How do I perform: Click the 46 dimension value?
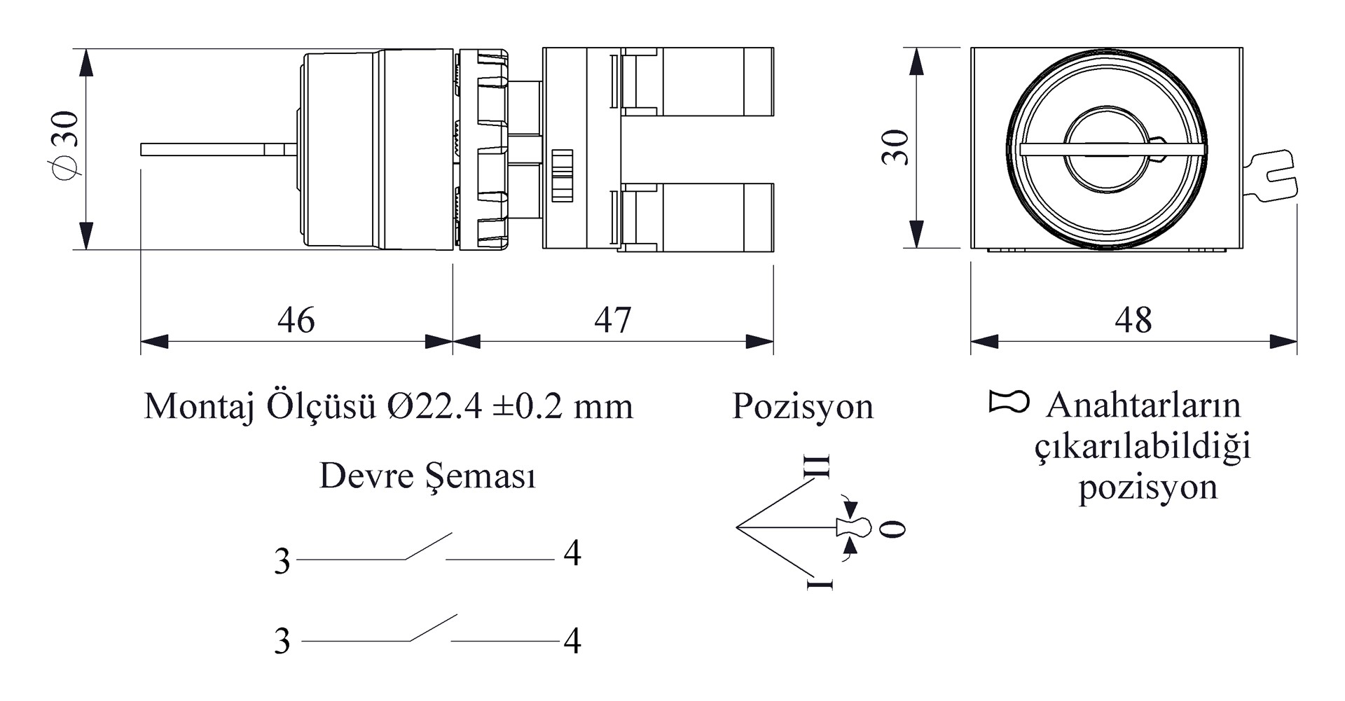(x=296, y=320)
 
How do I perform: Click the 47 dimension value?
(x=613, y=320)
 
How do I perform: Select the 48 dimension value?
(x=1133, y=320)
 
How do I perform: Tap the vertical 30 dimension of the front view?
(x=895, y=147)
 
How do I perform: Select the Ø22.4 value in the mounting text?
(x=434, y=406)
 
